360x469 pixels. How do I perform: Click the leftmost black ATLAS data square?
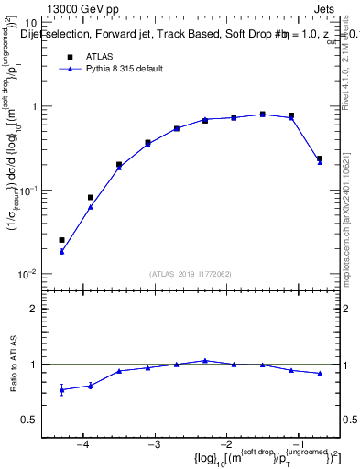coord(61,240)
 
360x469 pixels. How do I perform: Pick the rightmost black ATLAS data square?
coord(320,158)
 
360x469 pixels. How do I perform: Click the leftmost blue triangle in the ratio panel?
coord(61,390)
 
